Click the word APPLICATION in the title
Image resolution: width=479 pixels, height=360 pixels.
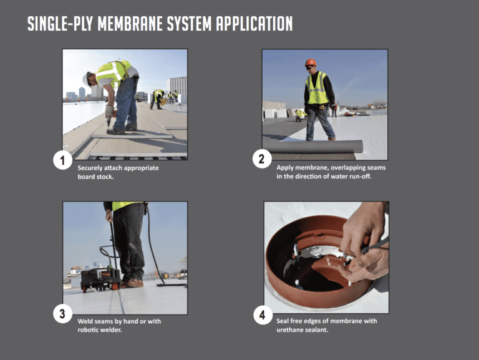pyautogui.click(x=255, y=23)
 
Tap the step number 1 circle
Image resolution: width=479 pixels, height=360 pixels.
pyautogui.click(x=62, y=161)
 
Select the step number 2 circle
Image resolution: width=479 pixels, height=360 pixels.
pyautogui.click(x=262, y=158)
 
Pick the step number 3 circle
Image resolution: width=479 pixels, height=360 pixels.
pyautogui.click(x=62, y=314)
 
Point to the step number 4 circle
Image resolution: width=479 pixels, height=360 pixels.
pyautogui.click(x=262, y=315)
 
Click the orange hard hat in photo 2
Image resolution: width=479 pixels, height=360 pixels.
pyautogui.click(x=310, y=62)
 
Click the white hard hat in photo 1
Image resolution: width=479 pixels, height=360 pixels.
pyautogui.click(x=86, y=77)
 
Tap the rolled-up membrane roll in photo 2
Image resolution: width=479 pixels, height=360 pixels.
pyautogui.click(x=312, y=147)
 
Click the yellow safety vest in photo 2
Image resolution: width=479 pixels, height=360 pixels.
pyautogui.click(x=317, y=89)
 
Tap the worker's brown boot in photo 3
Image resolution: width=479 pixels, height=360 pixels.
pyautogui.click(x=133, y=283)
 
